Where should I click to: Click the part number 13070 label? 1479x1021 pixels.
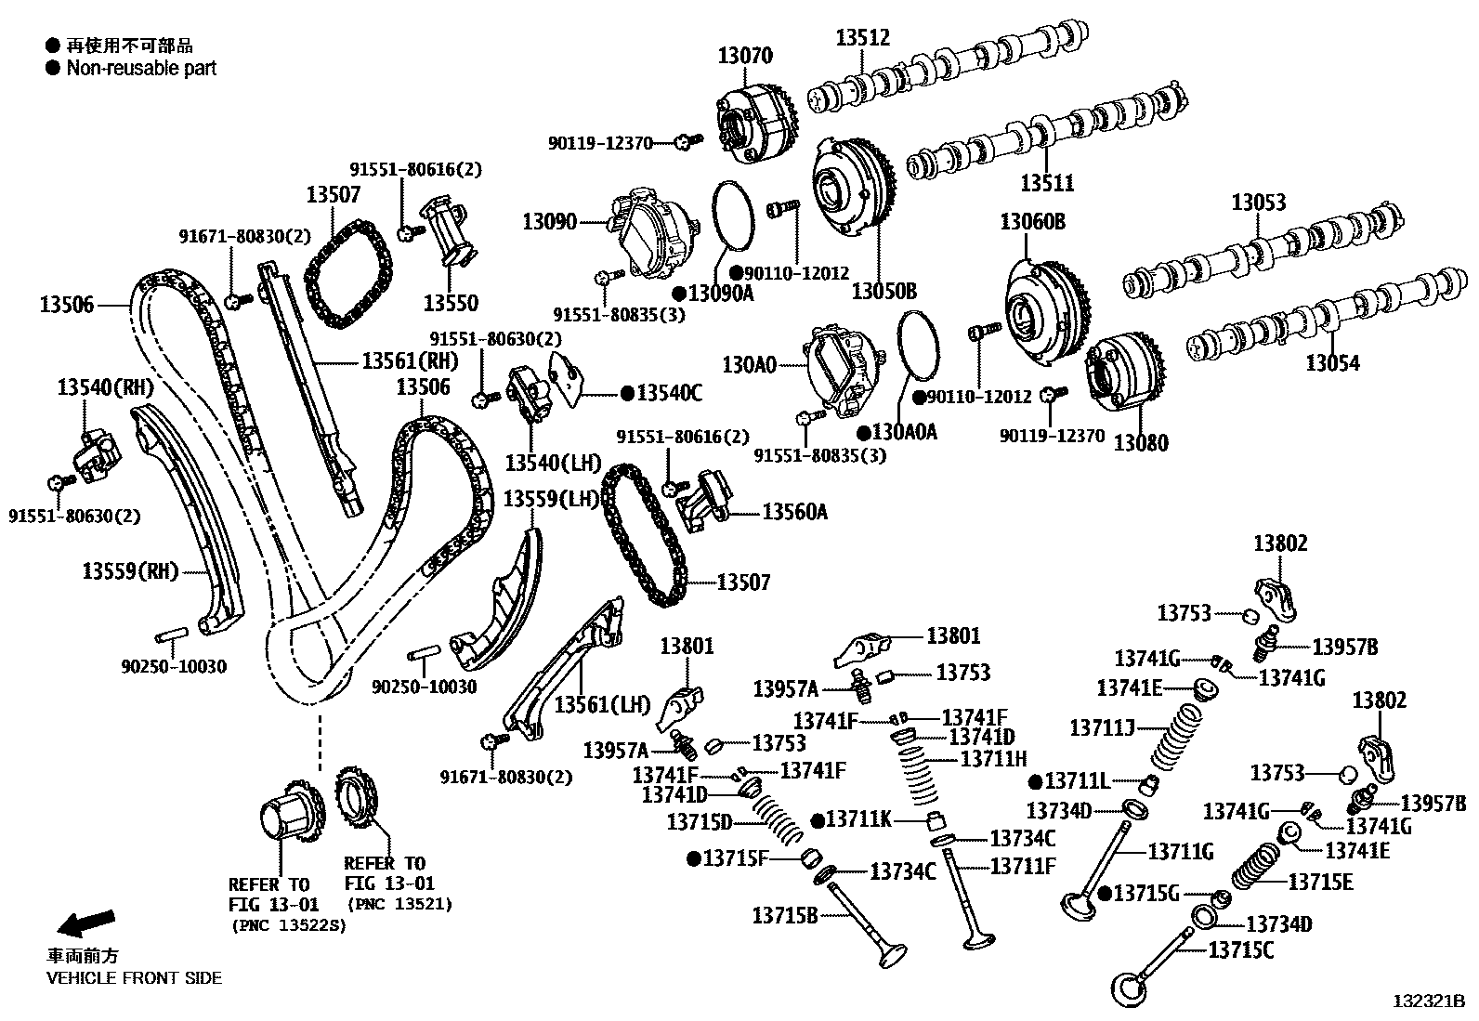click(x=744, y=56)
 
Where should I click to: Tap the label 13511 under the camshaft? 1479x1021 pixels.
click(x=1047, y=183)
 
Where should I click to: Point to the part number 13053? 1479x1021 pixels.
click(x=1258, y=202)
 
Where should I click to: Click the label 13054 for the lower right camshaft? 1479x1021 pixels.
click(x=1332, y=362)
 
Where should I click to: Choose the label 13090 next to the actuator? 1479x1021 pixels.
click(x=549, y=222)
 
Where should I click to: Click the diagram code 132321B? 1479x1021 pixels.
click(x=1429, y=1001)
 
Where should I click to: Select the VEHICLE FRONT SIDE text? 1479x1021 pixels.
click(x=134, y=977)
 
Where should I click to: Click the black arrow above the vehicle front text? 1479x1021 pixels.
click(x=85, y=923)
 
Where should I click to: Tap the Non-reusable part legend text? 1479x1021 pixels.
click(x=141, y=68)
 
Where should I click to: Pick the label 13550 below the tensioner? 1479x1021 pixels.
click(x=451, y=303)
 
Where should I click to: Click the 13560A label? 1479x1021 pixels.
click(x=794, y=511)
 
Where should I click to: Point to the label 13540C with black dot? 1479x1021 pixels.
click(x=669, y=393)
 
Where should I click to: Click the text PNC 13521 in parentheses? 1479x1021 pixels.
click(x=399, y=903)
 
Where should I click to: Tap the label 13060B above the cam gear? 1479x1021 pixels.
click(x=1032, y=222)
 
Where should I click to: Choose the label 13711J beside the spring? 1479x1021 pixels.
click(x=1103, y=726)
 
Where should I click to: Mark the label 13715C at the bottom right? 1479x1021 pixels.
click(x=1240, y=949)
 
